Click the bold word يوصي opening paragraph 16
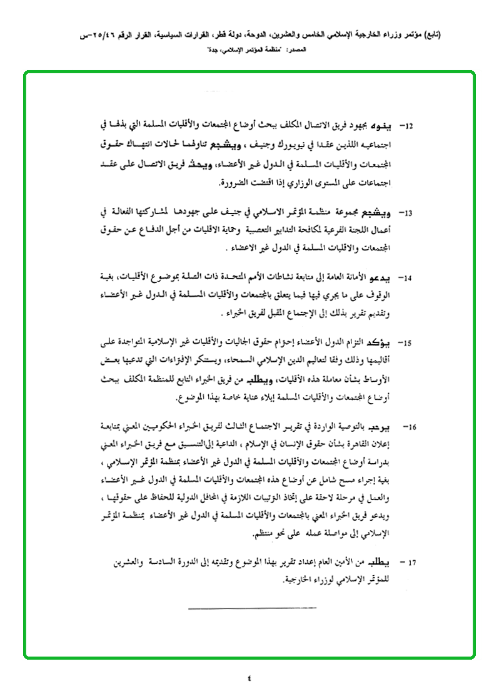[383, 426]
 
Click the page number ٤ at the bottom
[248, 678]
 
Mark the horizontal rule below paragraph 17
[253, 606]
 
